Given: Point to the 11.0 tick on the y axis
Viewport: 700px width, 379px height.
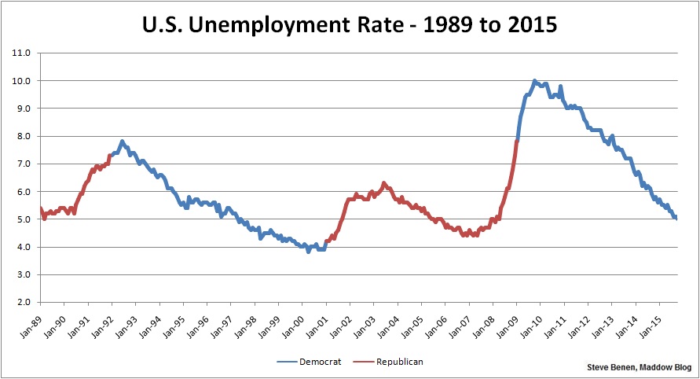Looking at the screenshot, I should (21, 53).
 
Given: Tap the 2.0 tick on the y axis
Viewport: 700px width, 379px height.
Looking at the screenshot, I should (21, 302).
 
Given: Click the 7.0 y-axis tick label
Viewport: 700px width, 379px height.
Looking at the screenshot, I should (21, 164).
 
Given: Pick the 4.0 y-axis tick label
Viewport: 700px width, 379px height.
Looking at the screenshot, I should (21, 247).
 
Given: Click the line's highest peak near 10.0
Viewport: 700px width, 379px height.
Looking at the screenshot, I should (534, 80).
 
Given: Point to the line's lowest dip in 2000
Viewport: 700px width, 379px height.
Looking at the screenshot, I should (309, 252).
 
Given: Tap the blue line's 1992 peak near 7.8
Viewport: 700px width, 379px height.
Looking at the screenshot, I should (122, 142).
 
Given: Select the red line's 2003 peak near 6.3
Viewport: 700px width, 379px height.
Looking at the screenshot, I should (383, 183).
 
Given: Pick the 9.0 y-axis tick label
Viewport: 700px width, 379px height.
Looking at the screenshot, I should (21, 109).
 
